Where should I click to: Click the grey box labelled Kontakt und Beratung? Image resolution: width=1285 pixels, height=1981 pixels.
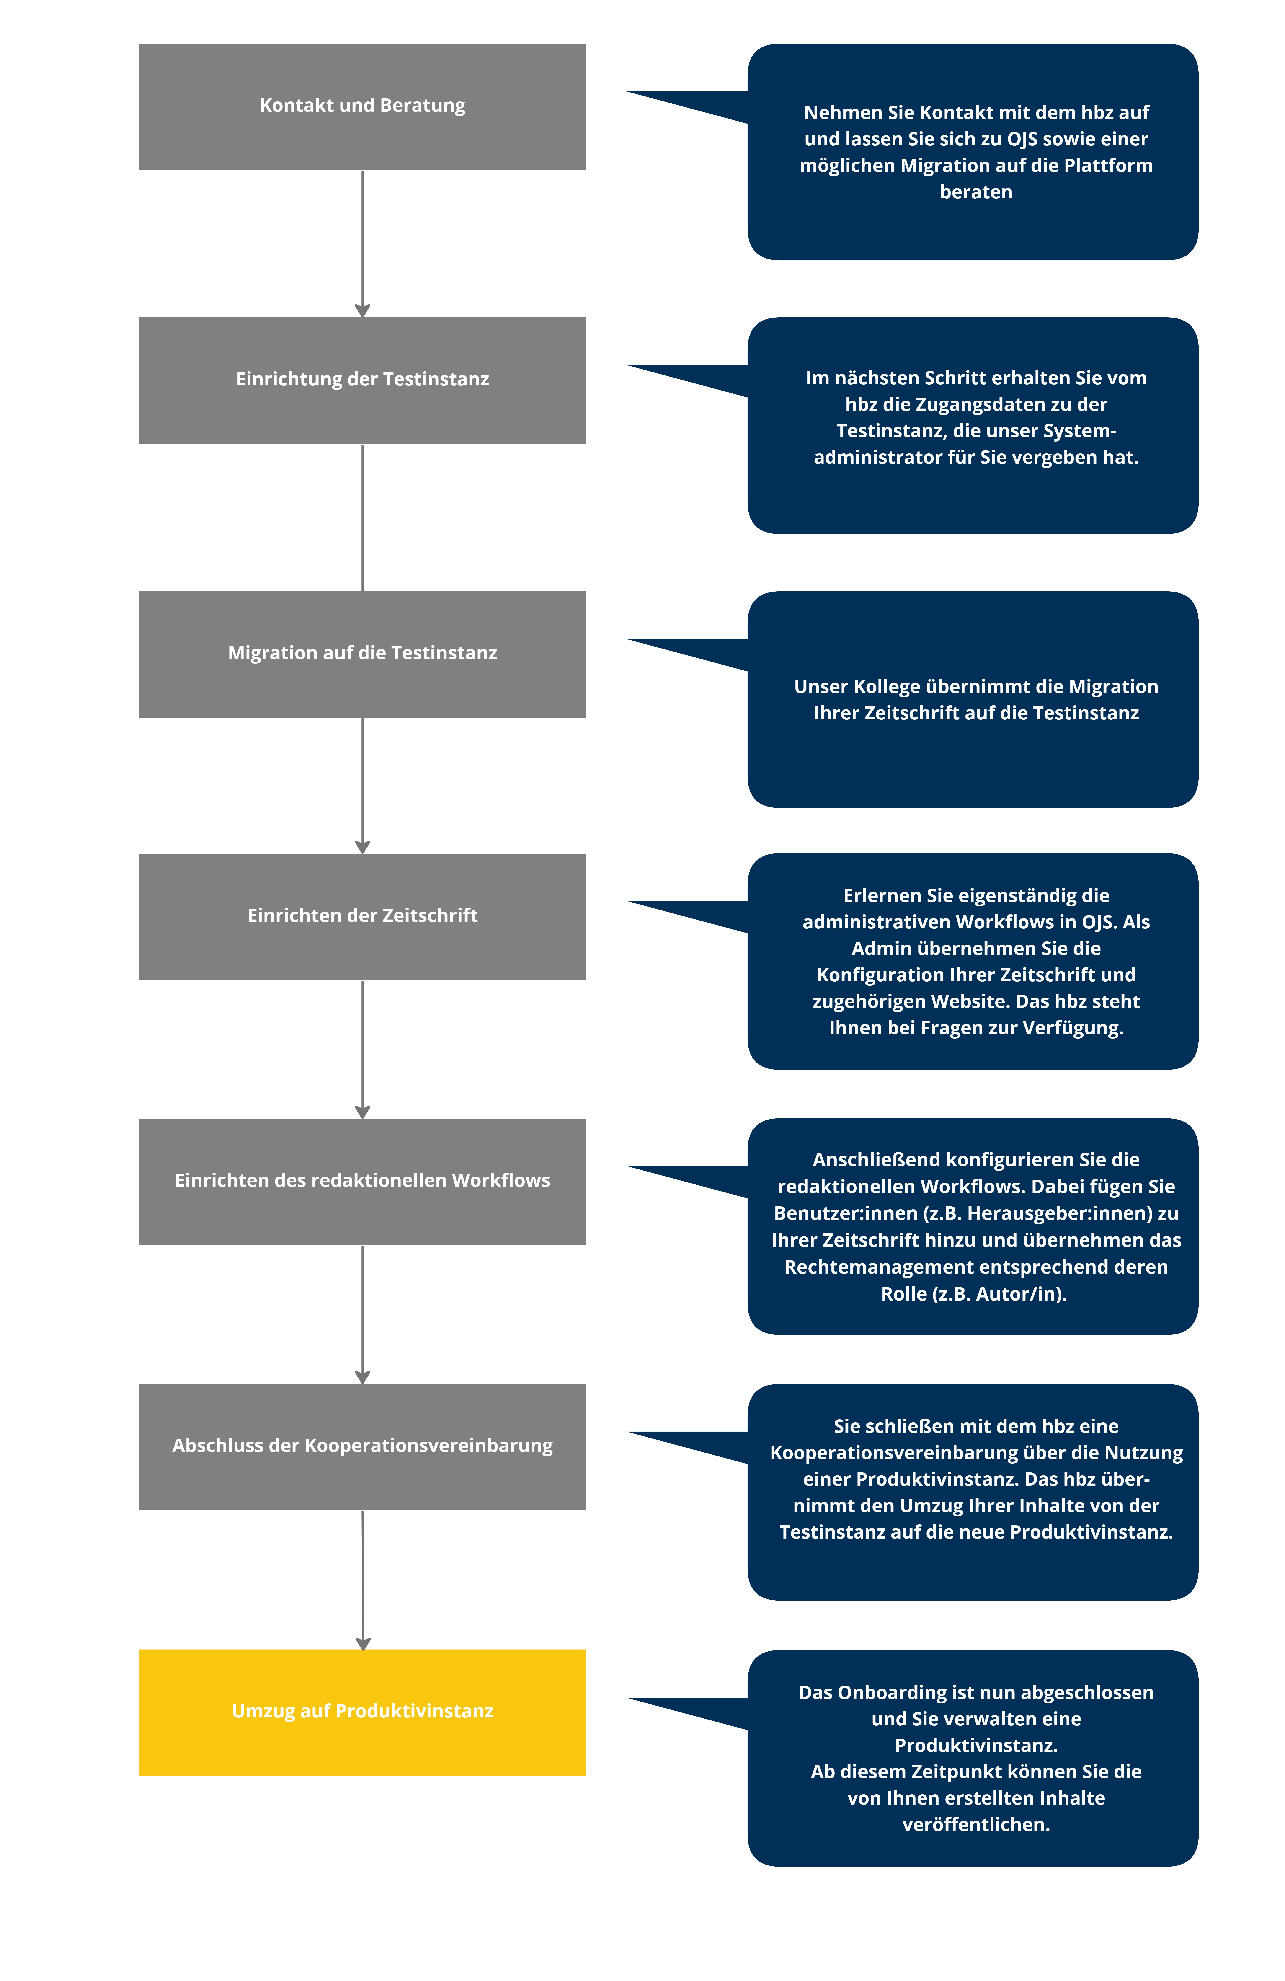click(362, 106)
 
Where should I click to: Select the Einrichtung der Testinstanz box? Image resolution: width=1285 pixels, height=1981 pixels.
click(362, 380)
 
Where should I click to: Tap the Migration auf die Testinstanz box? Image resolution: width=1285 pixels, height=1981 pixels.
click(362, 654)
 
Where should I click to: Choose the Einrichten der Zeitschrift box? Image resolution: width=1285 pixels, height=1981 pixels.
click(362, 916)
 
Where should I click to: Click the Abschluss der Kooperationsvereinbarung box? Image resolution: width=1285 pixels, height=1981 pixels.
click(362, 1447)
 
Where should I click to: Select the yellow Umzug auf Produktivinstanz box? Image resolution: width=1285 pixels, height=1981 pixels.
click(362, 1712)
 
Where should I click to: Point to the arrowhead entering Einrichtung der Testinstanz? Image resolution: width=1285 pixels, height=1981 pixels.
click(362, 310)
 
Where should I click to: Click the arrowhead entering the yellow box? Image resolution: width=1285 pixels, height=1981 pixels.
click(363, 1644)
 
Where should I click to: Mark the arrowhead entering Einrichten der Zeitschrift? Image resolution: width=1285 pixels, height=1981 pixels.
click(362, 847)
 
